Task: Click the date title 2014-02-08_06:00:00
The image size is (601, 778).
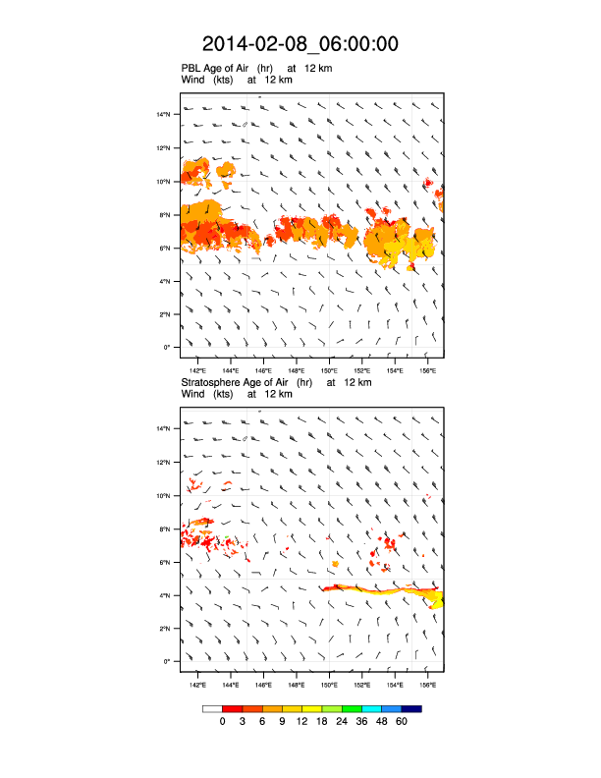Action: point(300,44)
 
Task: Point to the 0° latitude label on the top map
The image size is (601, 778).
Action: point(167,347)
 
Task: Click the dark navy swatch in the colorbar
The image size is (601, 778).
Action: point(411,708)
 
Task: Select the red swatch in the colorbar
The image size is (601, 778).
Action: point(233,708)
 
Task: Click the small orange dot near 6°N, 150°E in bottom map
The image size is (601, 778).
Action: point(335,565)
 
